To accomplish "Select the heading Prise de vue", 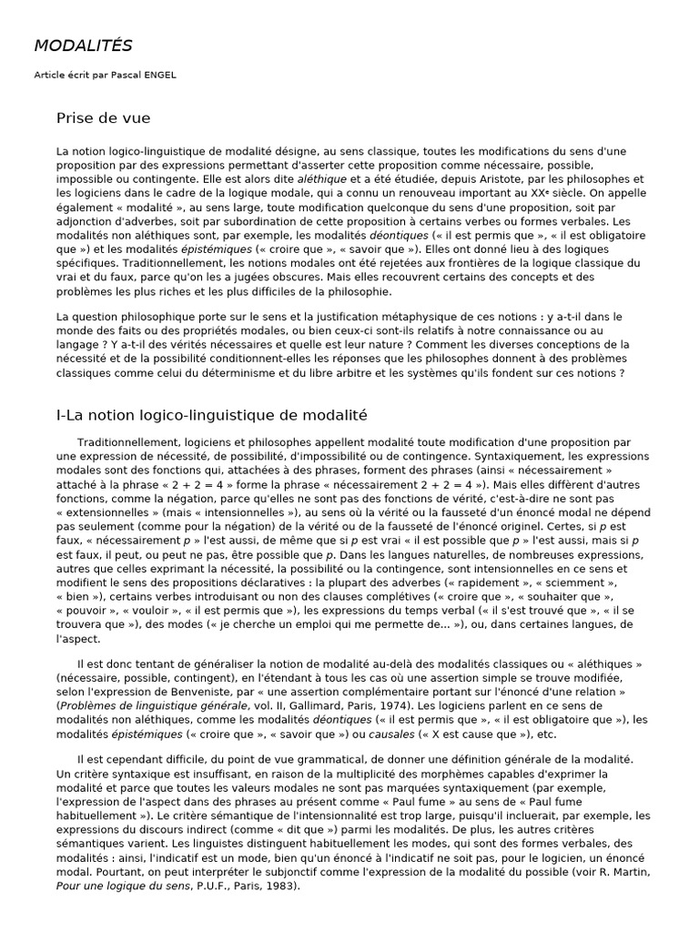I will [x=103, y=118].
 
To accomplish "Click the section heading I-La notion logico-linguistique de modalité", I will [x=211, y=415].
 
